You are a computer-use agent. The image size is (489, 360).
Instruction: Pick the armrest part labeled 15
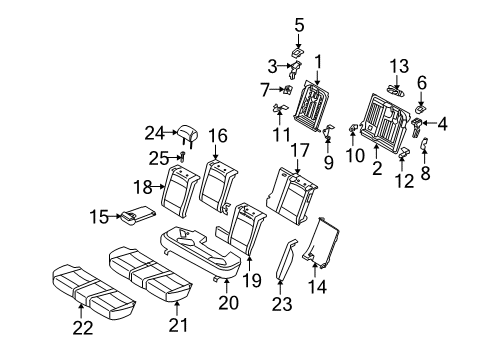coord(134,214)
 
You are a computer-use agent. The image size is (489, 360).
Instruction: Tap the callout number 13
coord(398,66)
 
